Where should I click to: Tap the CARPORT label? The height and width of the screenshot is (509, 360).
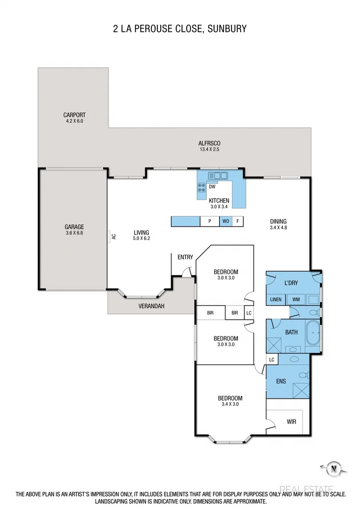pos(74,115)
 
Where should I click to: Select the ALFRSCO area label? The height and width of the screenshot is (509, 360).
pos(209,143)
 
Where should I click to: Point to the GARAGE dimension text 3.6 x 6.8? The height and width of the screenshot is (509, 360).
pos(74,233)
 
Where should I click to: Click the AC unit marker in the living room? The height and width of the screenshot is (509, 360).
pos(113,237)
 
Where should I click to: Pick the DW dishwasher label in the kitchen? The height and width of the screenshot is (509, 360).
pos(212,187)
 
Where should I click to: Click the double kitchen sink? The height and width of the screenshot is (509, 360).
pos(218,176)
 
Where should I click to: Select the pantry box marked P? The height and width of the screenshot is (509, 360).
pos(209,221)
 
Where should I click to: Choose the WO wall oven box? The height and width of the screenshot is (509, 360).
pos(226,221)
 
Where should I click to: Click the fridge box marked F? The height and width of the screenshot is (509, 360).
pos(238,221)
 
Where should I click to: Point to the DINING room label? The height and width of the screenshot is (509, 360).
pos(278,222)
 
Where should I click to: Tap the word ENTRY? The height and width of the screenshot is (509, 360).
pos(185,257)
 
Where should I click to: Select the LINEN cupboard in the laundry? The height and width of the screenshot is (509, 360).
pos(276,299)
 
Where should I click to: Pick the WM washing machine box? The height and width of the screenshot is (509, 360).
pos(296,299)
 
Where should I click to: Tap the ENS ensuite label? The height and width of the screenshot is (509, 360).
pos(281,381)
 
